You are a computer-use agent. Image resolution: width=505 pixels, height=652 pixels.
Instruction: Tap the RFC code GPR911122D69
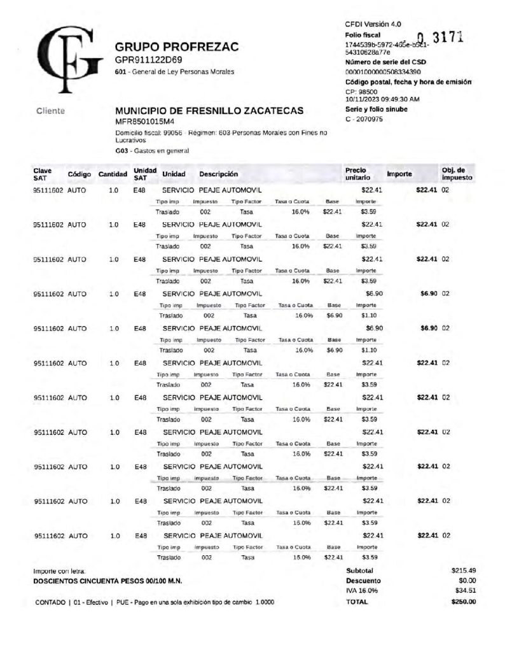click(148, 60)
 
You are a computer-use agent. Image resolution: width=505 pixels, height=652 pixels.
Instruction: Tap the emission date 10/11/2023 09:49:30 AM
click(382, 99)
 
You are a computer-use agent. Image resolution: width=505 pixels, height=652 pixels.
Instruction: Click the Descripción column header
click(218, 174)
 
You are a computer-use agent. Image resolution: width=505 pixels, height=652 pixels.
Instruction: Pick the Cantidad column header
click(113, 174)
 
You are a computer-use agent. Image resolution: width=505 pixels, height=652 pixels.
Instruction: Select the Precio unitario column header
click(356, 174)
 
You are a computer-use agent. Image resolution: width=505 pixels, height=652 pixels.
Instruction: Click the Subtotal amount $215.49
click(463, 570)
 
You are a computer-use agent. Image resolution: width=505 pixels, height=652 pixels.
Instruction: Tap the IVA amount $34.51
click(465, 590)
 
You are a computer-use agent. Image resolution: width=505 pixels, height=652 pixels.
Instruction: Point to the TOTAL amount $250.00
click(463, 601)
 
